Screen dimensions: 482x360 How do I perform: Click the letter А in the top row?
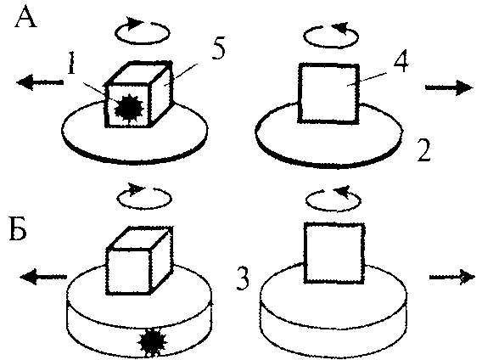point(25,18)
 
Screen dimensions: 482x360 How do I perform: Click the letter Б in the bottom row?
point(18,229)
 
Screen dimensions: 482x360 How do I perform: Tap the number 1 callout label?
point(71,63)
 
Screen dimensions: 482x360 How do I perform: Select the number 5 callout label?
point(218,49)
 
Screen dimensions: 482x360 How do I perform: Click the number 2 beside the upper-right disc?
point(423,149)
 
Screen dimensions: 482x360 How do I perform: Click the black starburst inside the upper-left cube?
point(129,107)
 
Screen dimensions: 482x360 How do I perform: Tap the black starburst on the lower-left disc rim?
point(153,342)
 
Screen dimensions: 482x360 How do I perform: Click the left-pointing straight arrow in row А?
point(40,82)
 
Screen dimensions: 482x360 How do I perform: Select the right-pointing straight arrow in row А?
point(449,87)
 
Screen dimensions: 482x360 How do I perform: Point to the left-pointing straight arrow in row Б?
point(43,277)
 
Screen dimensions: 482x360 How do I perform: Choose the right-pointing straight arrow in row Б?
point(451,277)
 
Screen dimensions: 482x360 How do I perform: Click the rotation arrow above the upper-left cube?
point(142,42)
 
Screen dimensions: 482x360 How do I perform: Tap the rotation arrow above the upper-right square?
point(331,47)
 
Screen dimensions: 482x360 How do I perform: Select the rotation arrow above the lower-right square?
point(333,210)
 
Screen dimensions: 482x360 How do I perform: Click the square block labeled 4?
point(328,93)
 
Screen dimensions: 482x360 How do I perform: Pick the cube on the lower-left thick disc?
point(139,260)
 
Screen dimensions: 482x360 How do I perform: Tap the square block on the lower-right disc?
point(334,253)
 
